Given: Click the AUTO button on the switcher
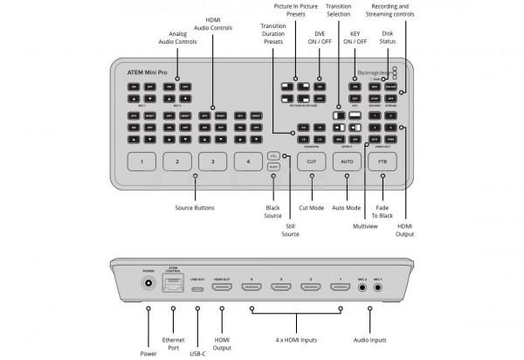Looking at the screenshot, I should pos(347,162).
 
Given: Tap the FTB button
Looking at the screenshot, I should pos(382,162).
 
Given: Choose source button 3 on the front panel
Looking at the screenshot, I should pos(213,162).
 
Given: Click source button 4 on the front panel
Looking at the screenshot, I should pos(248,162).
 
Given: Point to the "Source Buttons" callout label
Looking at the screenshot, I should pos(196,207).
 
